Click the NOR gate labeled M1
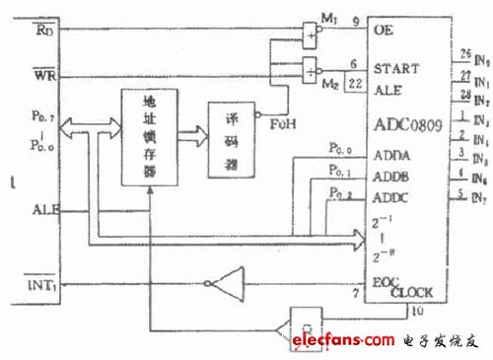(x=312, y=34)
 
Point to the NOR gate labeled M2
(x=312, y=71)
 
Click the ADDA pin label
(x=389, y=155)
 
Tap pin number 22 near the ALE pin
(x=351, y=86)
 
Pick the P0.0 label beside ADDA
(x=341, y=147)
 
